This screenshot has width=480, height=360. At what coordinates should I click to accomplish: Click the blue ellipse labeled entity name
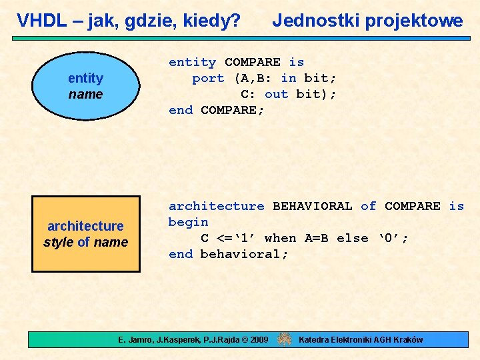[85, 87]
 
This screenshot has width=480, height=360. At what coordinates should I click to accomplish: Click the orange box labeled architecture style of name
[85, 234]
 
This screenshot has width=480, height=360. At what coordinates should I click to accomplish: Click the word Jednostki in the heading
[310, 21]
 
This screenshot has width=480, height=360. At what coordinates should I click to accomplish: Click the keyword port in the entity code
[208, 78]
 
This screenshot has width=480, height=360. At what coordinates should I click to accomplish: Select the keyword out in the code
[276, 94]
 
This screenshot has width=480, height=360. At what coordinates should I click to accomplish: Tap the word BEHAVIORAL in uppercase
[312, 206]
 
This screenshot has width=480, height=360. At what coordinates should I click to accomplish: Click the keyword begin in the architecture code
[188, 222]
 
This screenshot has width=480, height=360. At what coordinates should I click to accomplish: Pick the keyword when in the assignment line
[280, 238]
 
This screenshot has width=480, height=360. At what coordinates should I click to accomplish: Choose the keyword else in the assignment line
[352, 238]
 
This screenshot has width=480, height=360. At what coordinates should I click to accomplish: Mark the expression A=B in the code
[316, 238]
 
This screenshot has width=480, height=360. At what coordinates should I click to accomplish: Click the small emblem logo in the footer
[285, 339]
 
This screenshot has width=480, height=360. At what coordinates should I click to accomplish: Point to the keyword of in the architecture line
[368, 206]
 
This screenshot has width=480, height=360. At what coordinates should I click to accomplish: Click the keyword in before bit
[288, 78]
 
